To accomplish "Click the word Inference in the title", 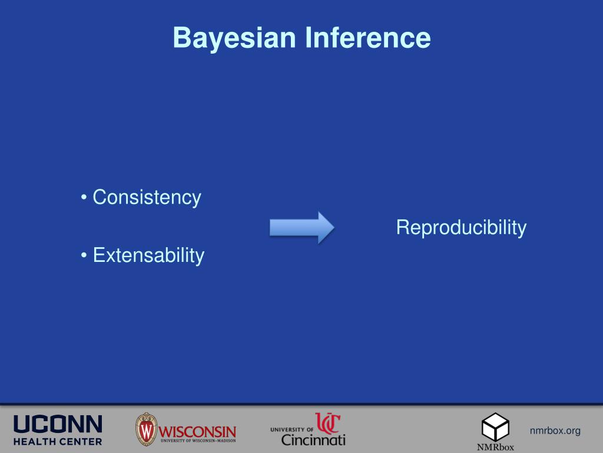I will [x=367, y=38].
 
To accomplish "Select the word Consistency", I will [x=147, y=198].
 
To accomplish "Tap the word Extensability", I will [x=148, y=255].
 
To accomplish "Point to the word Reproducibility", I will [x=461, y=227].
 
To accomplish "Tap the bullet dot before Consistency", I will [x=85, y=198].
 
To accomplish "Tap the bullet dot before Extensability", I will [x=85, y=255].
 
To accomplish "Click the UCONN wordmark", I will [x=58, y=424].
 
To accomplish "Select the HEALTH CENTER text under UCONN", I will [x=58, y=441].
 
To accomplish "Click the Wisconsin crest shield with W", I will [x=146, y=429].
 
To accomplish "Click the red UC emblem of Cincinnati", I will [x=327, y=424].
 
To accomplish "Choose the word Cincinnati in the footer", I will [x=313, y=439].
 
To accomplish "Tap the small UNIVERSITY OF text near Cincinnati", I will [x=292, y=429].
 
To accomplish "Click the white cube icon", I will [x=495, y=426].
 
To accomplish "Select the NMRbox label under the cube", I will [x=495, y=447].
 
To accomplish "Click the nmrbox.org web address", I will [x=555, y=431].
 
